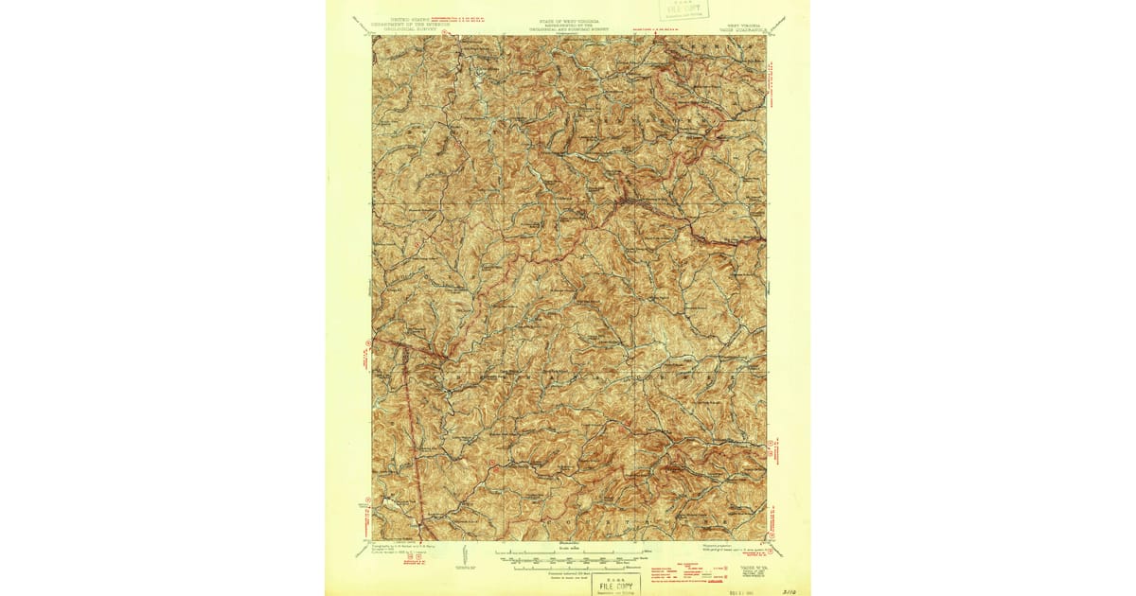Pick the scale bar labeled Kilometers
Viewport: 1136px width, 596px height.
click(568, 566)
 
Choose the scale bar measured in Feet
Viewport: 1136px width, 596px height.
click(568, 559)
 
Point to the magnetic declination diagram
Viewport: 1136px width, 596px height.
click(464, 558)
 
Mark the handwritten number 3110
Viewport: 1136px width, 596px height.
click(789, 586)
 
